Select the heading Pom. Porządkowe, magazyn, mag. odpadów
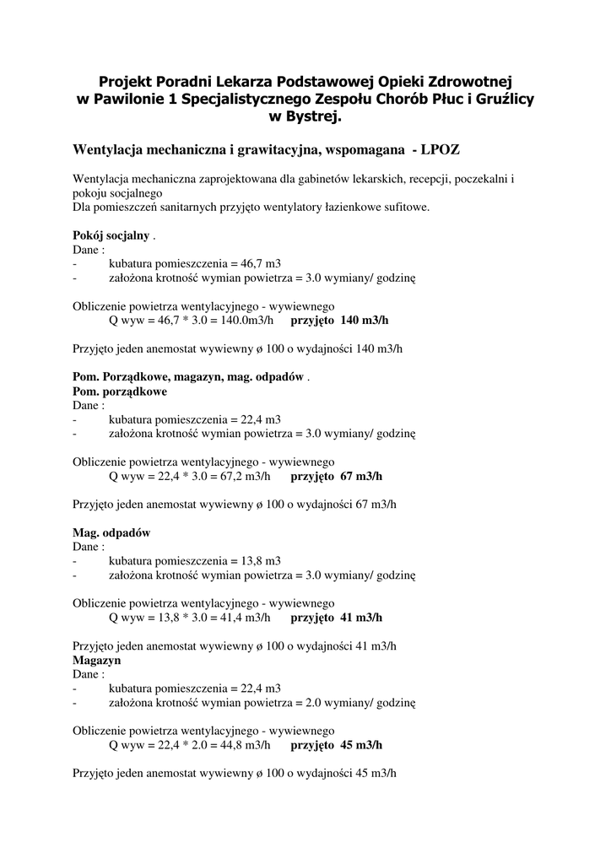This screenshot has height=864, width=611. (x=188, y=377)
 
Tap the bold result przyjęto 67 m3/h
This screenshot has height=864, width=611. (x=336, y=476)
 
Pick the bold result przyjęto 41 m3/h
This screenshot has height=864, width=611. (x=336, y=618)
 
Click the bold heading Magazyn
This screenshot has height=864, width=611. (x=97, y=660)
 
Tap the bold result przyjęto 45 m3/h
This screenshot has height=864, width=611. (x=336, y=745)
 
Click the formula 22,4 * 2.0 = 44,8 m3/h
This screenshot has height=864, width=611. (x=189, y=745)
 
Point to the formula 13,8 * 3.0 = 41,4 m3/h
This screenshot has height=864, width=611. (x=189, y=618)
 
